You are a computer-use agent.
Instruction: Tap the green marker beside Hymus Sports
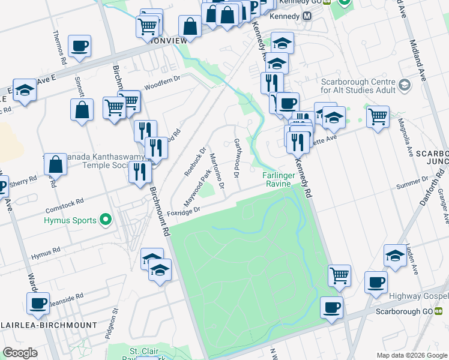[106, 220]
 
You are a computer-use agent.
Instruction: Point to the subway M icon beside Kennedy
[307, 16]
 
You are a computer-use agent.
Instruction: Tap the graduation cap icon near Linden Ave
[395, 254]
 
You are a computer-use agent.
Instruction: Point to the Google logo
[20, 353]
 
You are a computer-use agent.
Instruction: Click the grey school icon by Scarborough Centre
[405, 86]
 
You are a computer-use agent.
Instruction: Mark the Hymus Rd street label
[47, 251]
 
